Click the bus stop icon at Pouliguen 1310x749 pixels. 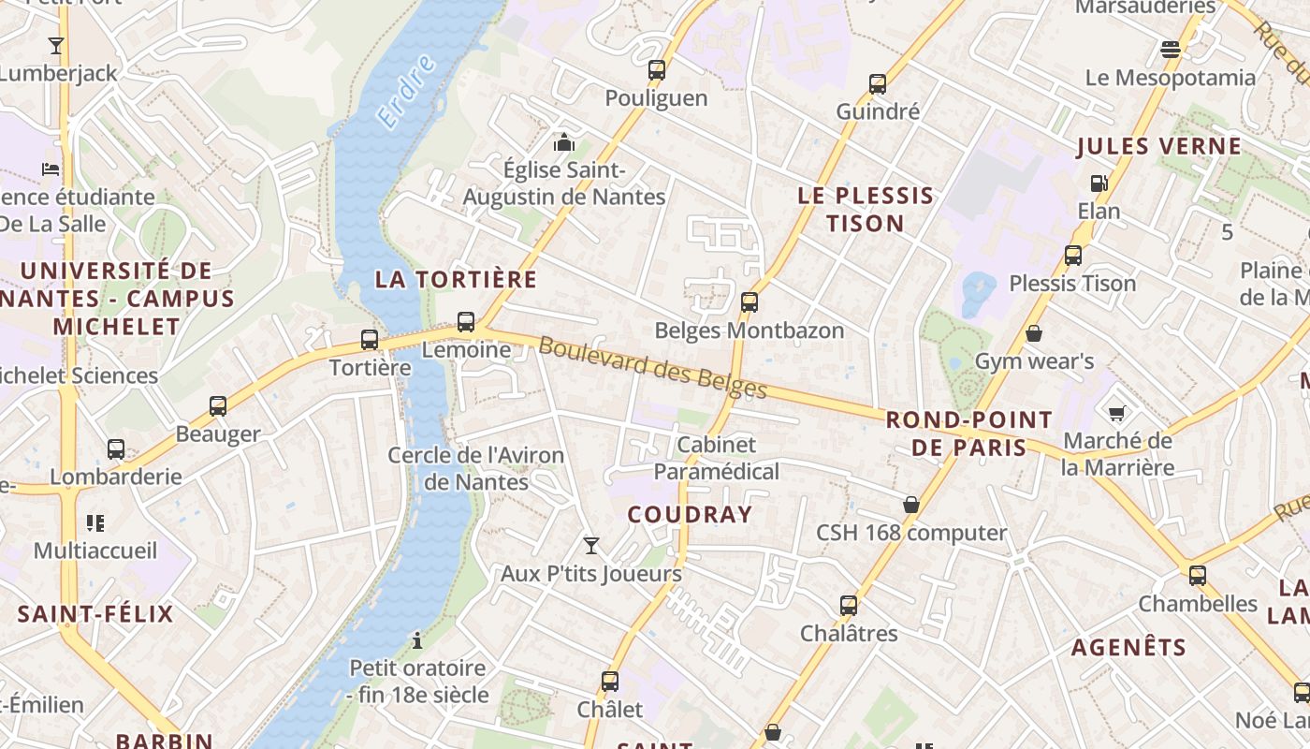click(x=657, y=69)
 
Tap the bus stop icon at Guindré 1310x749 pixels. click(x=878, y=84)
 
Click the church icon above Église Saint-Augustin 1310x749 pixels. click(x=563, y=142)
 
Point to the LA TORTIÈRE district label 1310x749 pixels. click(x=457, y=279)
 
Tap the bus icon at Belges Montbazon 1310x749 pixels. click(x=749, y=302)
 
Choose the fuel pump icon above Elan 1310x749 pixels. click(x=1099, y=184)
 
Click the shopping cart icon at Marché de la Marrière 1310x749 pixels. click(x=1116, y=412)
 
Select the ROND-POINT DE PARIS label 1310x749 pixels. click(x=968, y=433)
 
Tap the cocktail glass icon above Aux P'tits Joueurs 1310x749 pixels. click(x=591, y=545)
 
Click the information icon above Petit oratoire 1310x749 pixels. click(x=417, y=640)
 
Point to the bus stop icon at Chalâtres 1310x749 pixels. click(x=849, y=605)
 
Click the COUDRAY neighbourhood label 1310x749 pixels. click(x=690, y=514)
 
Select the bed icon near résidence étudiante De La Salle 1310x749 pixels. click(x=51, y=169)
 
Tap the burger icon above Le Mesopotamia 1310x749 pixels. click(x=1170, y=49)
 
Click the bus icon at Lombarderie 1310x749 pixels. click(x=116, y=449)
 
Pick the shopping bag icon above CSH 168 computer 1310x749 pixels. click(x=911, y=505)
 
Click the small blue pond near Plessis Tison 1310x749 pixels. click(x=977, y=293)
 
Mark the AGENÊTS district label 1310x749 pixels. click(x=1128, y=647)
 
